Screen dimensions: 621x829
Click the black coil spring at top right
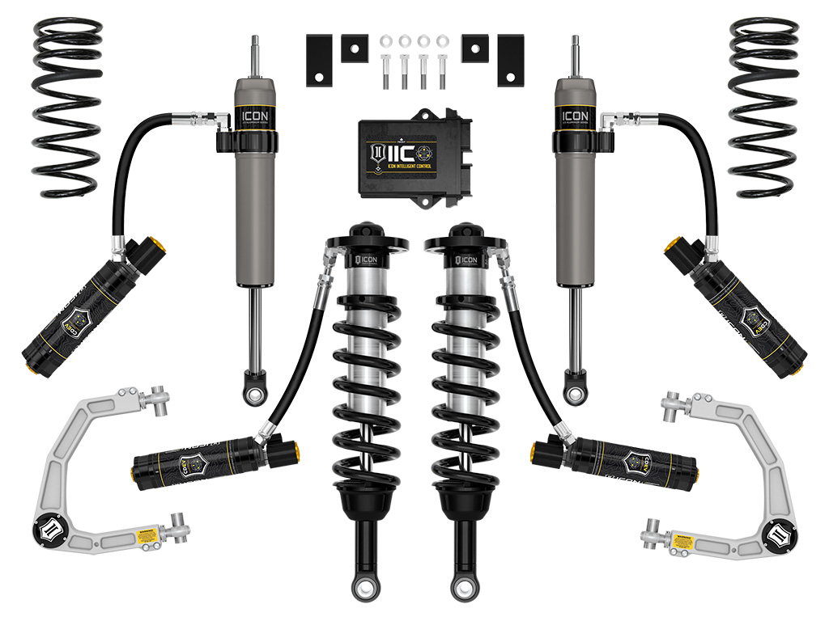[763, 105]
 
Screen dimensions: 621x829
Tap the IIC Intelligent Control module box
[414, 157]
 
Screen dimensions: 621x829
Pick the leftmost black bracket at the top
[317, 60]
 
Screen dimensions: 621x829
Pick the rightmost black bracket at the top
[511, 60]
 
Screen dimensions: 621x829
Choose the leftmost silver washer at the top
[385, 40]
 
